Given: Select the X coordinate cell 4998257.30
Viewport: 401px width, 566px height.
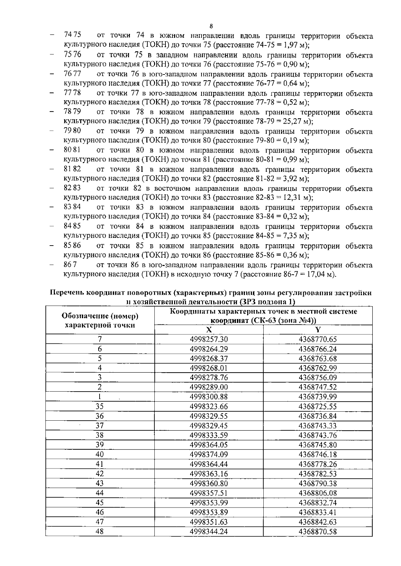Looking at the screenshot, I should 209,339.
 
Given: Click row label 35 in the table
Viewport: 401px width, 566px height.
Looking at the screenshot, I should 100,407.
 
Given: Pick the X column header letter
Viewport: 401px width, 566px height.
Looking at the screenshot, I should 209,330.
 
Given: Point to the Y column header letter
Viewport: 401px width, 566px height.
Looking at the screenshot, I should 318,330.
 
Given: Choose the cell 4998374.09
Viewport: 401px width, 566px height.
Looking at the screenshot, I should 209,455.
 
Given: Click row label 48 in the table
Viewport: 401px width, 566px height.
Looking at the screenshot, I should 100,531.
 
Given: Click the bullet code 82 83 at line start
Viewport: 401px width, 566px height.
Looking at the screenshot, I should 72,188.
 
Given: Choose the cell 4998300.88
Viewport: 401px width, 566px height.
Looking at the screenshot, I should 209,397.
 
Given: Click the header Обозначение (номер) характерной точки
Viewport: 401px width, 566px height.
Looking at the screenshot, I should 100,320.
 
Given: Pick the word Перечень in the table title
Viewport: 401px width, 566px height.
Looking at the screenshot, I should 66,293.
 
